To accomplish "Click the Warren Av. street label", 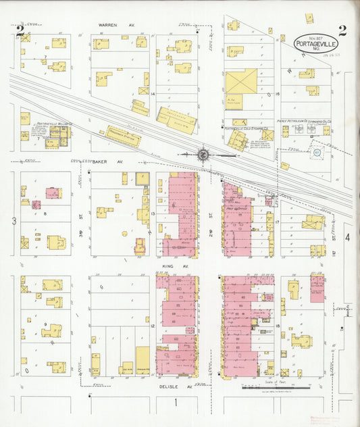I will (116, 24).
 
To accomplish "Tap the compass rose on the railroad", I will (203, 154).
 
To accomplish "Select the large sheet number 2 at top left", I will (21, 30).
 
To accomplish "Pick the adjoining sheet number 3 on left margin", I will (14, 221).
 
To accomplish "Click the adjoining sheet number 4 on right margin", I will (348, 237).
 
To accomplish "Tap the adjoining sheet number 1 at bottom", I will (176, 403).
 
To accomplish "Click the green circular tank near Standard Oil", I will (315, 153).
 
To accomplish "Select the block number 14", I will (153, 93).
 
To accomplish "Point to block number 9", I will (45, 325).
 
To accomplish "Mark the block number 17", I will (277, 222).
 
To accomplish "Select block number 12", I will (153, 326).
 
